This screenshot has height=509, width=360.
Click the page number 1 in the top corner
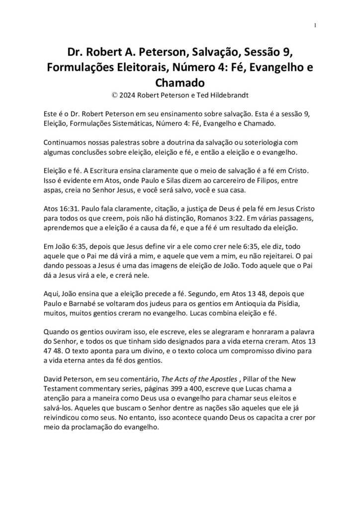(x=315, y=25)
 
